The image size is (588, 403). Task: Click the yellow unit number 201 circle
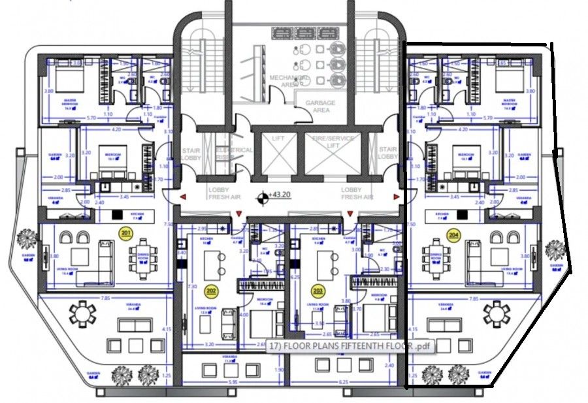click(x=125, y=233)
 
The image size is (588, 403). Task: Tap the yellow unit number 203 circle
click(x=318, y=290)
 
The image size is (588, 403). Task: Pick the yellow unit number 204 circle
click(x=453, y=234)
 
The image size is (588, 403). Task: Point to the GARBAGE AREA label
click(x=320, y=107)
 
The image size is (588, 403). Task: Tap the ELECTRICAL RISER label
click(x=235, y=153)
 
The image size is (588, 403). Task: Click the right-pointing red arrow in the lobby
click(x=396, y=196)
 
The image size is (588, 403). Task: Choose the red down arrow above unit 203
click(x=350, y=214)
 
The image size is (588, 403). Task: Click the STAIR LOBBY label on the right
click(x=388, y=153)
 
